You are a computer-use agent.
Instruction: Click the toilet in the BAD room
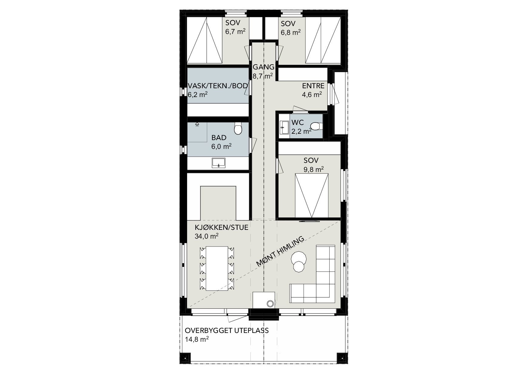click(x=238, y=129)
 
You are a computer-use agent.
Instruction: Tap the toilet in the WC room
click(x=316, y=126)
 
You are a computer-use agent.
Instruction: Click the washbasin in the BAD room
click(x=218, y=163)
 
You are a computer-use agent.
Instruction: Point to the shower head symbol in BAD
click(x=197, y=124)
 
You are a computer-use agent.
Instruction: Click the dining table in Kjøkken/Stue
click(x=217, y=268)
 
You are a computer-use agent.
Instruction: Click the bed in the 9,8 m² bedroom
click(x=312, y=195)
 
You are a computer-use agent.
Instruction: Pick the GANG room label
click(x=264, y=67)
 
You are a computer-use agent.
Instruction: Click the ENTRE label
click(x=313, y=86)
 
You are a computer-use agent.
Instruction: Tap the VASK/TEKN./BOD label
click(x=218, y=86)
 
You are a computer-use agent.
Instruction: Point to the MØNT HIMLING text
click(x=280, y=252)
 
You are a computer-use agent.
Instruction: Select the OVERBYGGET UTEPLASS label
click(x=227, y=331)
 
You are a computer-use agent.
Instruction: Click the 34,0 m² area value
click(x=207, y=236)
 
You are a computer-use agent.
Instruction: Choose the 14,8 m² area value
click(x=197, y=339)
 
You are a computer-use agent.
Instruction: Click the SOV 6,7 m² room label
click(x=235, y=27)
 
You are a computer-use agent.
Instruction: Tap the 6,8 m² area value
click(x=291, y=32)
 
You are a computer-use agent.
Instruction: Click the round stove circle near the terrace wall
click(x=270, y=304)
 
